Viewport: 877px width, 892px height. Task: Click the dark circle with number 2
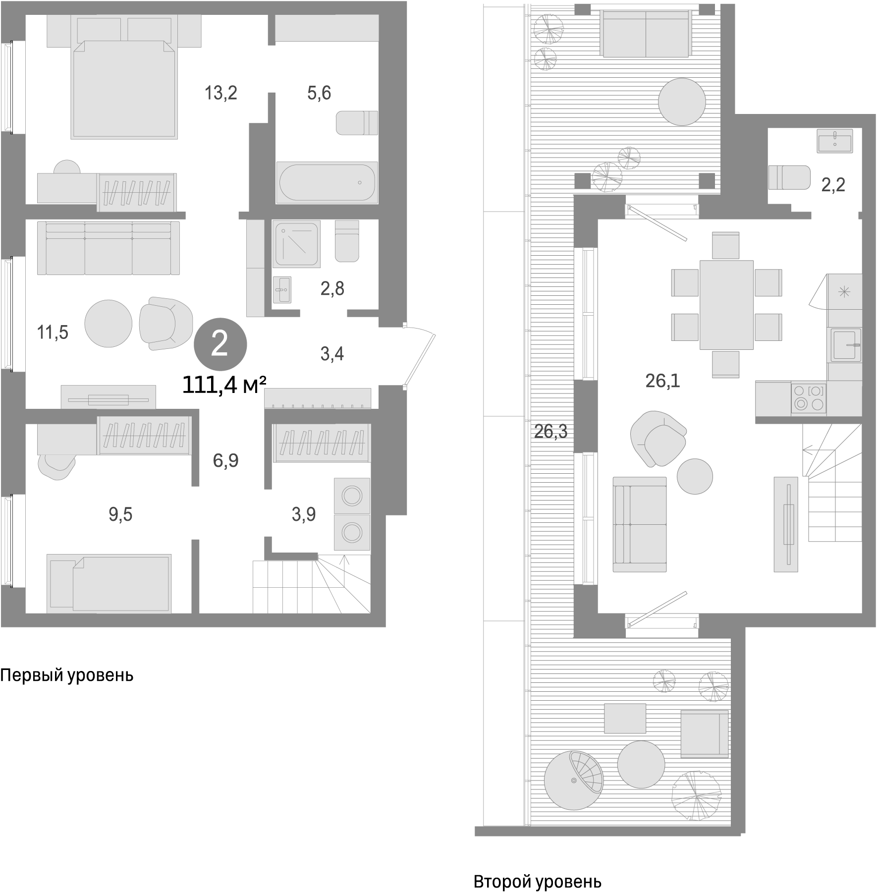(220, 344)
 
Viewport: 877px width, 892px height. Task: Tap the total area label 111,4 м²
(224, 385)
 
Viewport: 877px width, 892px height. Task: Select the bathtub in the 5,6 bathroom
(327, 182)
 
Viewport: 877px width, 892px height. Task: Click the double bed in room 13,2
(124, 89)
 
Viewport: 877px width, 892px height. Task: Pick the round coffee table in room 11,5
(109, 324)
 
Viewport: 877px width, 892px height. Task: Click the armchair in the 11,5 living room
(165, 324)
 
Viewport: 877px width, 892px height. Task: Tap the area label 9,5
(120, 515)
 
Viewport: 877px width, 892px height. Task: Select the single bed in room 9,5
(109, 583)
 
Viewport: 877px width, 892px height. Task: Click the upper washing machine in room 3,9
(352, 496)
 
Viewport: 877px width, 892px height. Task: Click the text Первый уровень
(67, 675)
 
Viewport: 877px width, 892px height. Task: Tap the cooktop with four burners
(809, 398)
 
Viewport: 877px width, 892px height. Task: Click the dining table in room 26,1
(726, 305)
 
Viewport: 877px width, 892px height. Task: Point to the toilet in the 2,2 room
(788, 177)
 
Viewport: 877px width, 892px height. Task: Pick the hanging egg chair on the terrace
(573, 780)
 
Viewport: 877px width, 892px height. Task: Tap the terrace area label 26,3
(550, 432)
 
